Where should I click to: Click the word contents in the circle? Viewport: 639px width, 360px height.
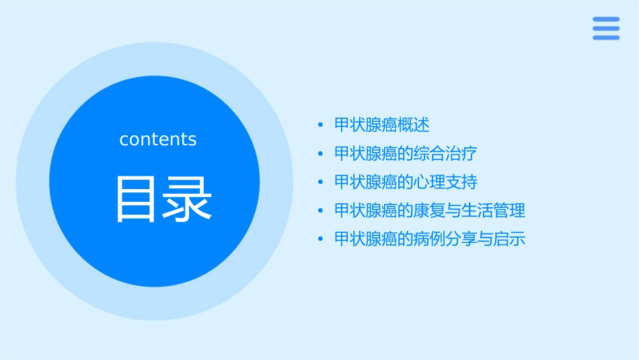click(x=158, y=139)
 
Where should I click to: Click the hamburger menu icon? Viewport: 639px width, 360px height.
click(x=605, y=28)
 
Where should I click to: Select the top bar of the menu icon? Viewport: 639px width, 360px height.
click(x=605, y=20)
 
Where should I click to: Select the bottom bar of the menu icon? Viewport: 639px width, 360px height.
click(x=605, y=38)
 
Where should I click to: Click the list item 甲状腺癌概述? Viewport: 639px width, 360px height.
click(x=381, y=124)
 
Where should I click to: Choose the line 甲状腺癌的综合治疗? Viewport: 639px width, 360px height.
click(x=406, y=153)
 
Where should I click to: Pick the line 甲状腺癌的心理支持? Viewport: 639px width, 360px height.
click(x=406, y=182)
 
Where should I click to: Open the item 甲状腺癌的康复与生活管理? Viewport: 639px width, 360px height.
click(x=429, y=211)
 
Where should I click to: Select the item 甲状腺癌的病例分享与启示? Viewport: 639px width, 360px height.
click(x=429, y=239)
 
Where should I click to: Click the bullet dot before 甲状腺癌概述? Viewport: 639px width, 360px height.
click(x=321, y=125)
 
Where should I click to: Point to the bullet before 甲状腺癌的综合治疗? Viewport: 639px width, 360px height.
click(x=321, y=154)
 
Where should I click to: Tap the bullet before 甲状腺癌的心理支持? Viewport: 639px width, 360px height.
click(x=321, y=182)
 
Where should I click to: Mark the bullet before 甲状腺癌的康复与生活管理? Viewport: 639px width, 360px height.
click(x=321, y=211)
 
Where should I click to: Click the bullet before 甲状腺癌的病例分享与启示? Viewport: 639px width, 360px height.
click(x=321, y=240)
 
